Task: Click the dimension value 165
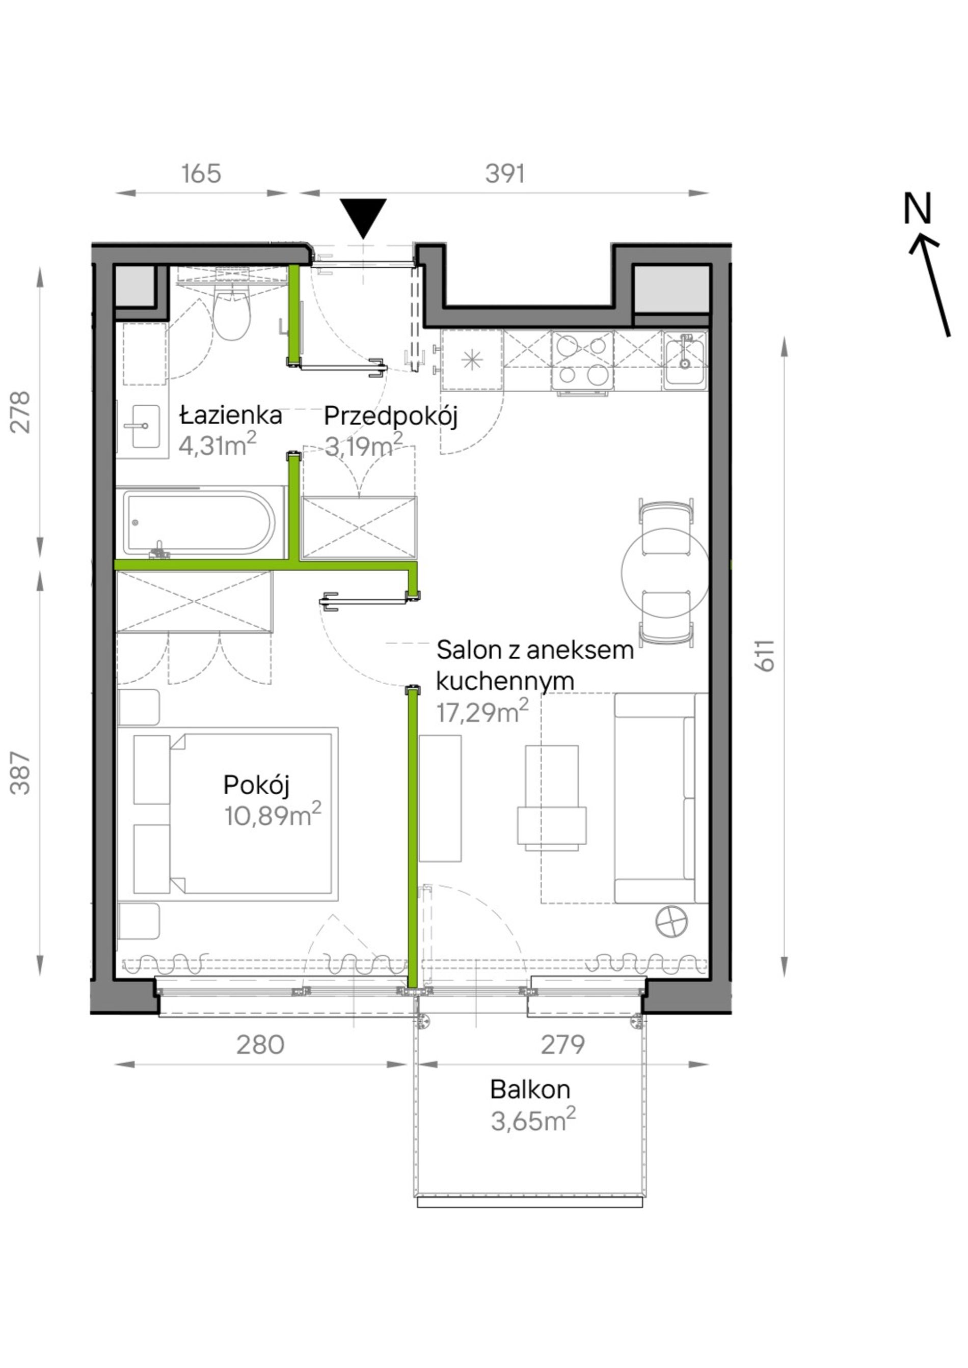click(x=201, y=174)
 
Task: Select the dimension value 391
click(x=505, y=174)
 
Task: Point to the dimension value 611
click(x=765, y=656)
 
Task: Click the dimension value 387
click(x=21, y=773)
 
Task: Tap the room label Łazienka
click(x=231, y=415)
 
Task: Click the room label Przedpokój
click(x=390, y=416)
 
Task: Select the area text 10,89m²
click(x=273, y=815)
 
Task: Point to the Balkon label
click(x=530, y=1089)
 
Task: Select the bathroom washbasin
click(x=142, y=426)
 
